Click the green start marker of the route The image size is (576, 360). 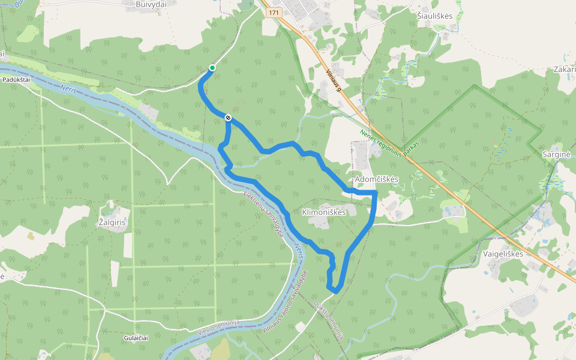pos(212,68)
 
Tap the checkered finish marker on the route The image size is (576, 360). pos(228,118)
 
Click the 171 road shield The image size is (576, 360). pos(274,13)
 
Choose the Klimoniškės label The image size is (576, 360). pos(324,212)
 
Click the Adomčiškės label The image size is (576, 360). pos(377,180)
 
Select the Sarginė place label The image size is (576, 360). pos(556,154)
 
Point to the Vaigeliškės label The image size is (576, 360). pos(503,254)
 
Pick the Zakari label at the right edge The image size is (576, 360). pos(565,70)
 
